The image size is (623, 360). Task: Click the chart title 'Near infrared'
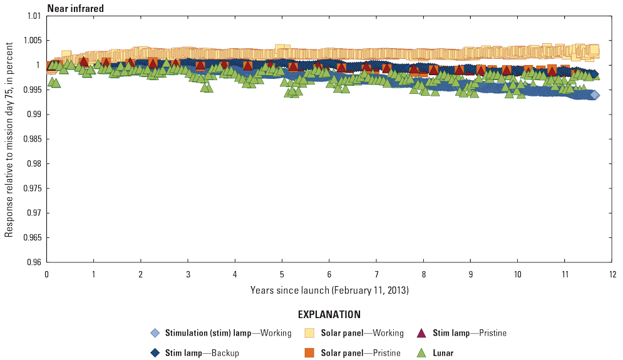[x=76, y=9]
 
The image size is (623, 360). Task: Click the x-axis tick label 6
[x=329, y=274]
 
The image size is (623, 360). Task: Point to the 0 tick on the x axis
[x=47, y=274]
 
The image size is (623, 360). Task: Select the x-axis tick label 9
[x=470, y=274]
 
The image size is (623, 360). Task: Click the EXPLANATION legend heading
[x=329, y=314]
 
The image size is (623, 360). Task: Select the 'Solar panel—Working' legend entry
[x=362, y=333]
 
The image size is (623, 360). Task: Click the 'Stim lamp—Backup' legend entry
[x=202, y=353]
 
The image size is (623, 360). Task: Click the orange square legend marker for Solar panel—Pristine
[x=309, y=353]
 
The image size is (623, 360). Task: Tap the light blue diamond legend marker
[x=155, y=333]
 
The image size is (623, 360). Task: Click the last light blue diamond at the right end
[x=594, y=95]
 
